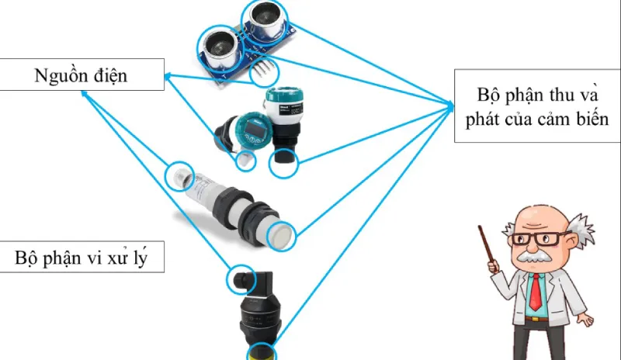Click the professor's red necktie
536,291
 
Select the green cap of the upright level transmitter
281,105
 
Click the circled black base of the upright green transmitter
283,161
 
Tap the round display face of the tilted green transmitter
252,134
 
